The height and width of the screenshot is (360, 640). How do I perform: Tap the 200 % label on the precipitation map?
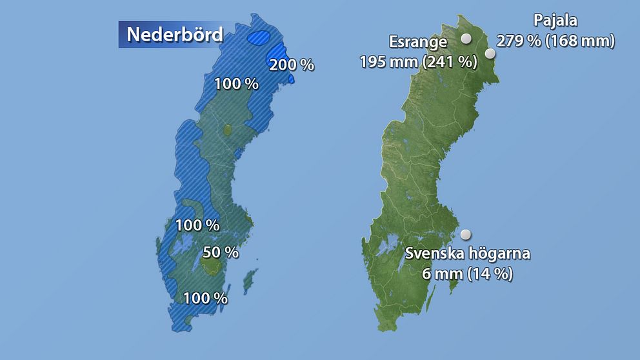292,65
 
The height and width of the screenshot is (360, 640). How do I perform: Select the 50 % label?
221,252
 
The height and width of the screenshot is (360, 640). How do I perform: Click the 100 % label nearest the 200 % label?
236,84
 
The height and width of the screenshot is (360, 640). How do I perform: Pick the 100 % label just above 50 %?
197,226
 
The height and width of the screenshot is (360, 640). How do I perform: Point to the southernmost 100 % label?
205,299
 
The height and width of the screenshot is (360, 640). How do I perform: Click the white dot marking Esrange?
466,39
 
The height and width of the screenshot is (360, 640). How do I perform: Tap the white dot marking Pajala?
490,54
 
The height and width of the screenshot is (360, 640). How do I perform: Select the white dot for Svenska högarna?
465,234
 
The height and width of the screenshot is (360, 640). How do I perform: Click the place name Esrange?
418,43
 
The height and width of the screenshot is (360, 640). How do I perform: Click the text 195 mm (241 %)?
418,61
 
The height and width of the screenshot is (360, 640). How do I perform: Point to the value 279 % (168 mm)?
555,41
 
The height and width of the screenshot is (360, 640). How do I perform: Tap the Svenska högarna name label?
468,254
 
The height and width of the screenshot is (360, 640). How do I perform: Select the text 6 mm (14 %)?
468,274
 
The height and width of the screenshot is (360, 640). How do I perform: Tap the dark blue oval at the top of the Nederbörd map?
261,37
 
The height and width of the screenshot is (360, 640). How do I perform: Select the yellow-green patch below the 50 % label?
212,266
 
